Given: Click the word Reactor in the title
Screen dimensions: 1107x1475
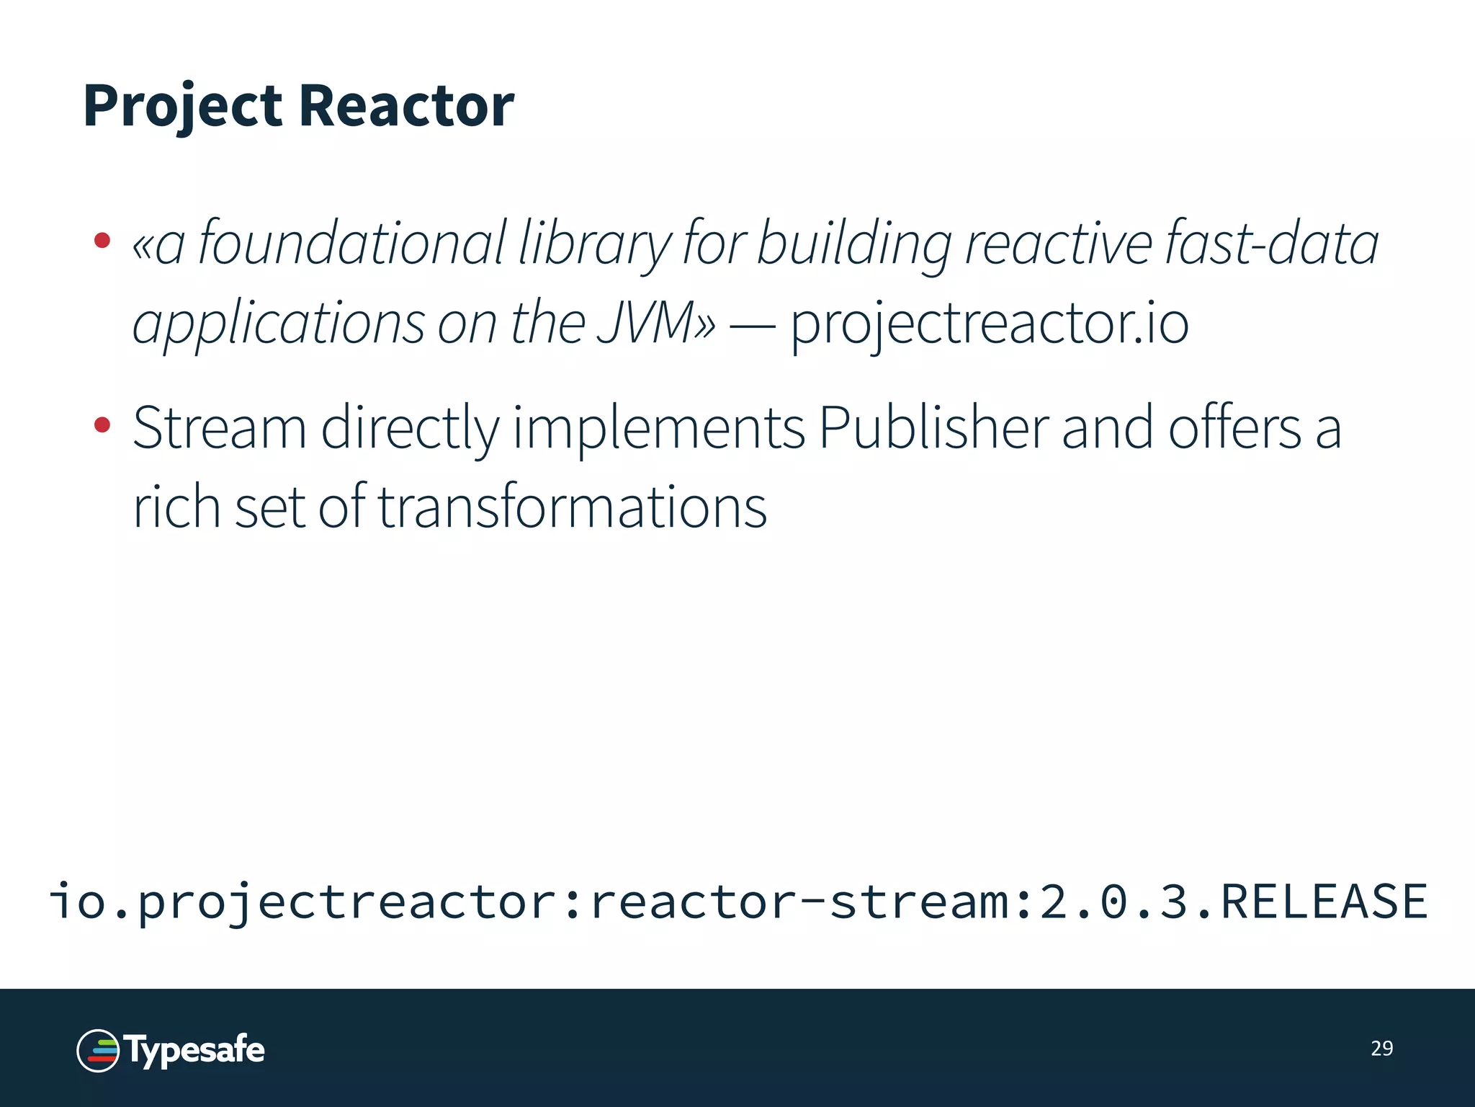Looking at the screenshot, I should tap(406, 107).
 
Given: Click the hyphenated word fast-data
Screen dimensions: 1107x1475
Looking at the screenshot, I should tap(1271, 244).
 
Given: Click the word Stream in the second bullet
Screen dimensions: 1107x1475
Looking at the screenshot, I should tap(220, 428).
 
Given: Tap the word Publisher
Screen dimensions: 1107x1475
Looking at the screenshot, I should tap(933, 428).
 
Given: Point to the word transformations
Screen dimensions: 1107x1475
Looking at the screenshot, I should tap(573, 507).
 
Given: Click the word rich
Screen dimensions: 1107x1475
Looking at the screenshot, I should tap(176, 507).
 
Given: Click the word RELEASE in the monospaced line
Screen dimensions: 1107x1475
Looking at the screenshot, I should tap(1324, 901).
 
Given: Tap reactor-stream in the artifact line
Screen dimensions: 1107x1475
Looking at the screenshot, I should tap(799, 902).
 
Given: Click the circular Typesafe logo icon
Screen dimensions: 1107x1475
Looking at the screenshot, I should tap(98, 1050).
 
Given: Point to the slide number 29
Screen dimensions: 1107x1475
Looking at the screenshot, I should tap(1381, 1049).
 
